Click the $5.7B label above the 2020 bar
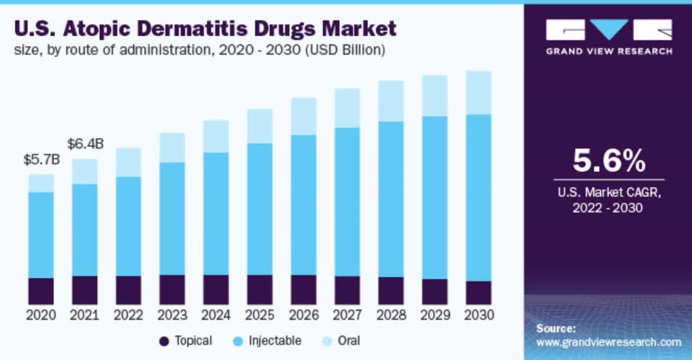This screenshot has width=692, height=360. [41, 160]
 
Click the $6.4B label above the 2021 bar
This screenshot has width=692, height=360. [85, 144]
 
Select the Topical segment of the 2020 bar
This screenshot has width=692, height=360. [41, 291]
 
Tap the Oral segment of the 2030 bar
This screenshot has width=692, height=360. [478, 92]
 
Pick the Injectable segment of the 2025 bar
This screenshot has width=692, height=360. [259, 209]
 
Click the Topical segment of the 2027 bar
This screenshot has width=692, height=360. [347, 290]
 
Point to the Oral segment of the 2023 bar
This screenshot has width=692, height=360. [172, 148]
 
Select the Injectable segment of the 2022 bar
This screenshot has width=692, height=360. [128, 226]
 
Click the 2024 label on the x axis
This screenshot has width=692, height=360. [216, 315]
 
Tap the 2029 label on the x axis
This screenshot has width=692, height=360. [435, 315]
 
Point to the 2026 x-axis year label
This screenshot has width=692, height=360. [303, 315]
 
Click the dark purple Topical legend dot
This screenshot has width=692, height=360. [164, 341]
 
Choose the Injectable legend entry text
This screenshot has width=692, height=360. [275, 341]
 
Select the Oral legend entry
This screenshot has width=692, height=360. [349, 341]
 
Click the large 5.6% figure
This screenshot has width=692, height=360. [609, 161]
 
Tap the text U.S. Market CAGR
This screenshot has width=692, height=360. [609, 192]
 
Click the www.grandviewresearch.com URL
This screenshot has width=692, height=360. [609, 342]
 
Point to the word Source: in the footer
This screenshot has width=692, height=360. [556, 328]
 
